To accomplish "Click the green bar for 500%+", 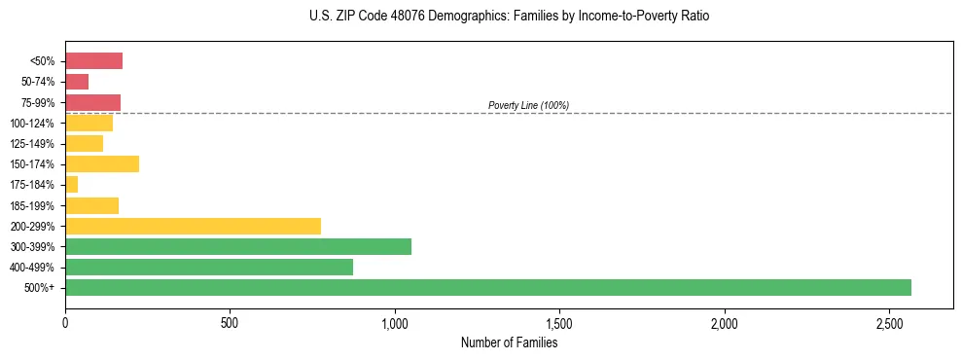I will coord(487,287).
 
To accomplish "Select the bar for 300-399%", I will coord(238,246).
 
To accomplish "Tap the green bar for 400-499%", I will coord(209,267).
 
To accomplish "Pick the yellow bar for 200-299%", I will coord(193,226).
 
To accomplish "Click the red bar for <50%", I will coord(93,61).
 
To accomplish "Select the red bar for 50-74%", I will coord(77,82).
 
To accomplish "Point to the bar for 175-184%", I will coord(71,184).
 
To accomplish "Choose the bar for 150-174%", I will coord(102,163).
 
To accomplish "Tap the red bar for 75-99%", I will coord(92,102).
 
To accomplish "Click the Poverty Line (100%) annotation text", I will coord(528,105).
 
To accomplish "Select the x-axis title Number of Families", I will coord(509,342).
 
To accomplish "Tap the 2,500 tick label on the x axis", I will coord(889,322).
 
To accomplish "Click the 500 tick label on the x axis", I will coord(230,322).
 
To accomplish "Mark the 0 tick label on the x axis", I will coord(65,322).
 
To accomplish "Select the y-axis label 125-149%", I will coord(32,144).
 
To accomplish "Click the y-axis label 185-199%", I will coord(32,205).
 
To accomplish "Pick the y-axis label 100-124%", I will coord(32,124).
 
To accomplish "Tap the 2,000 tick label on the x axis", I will coord(725,322).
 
